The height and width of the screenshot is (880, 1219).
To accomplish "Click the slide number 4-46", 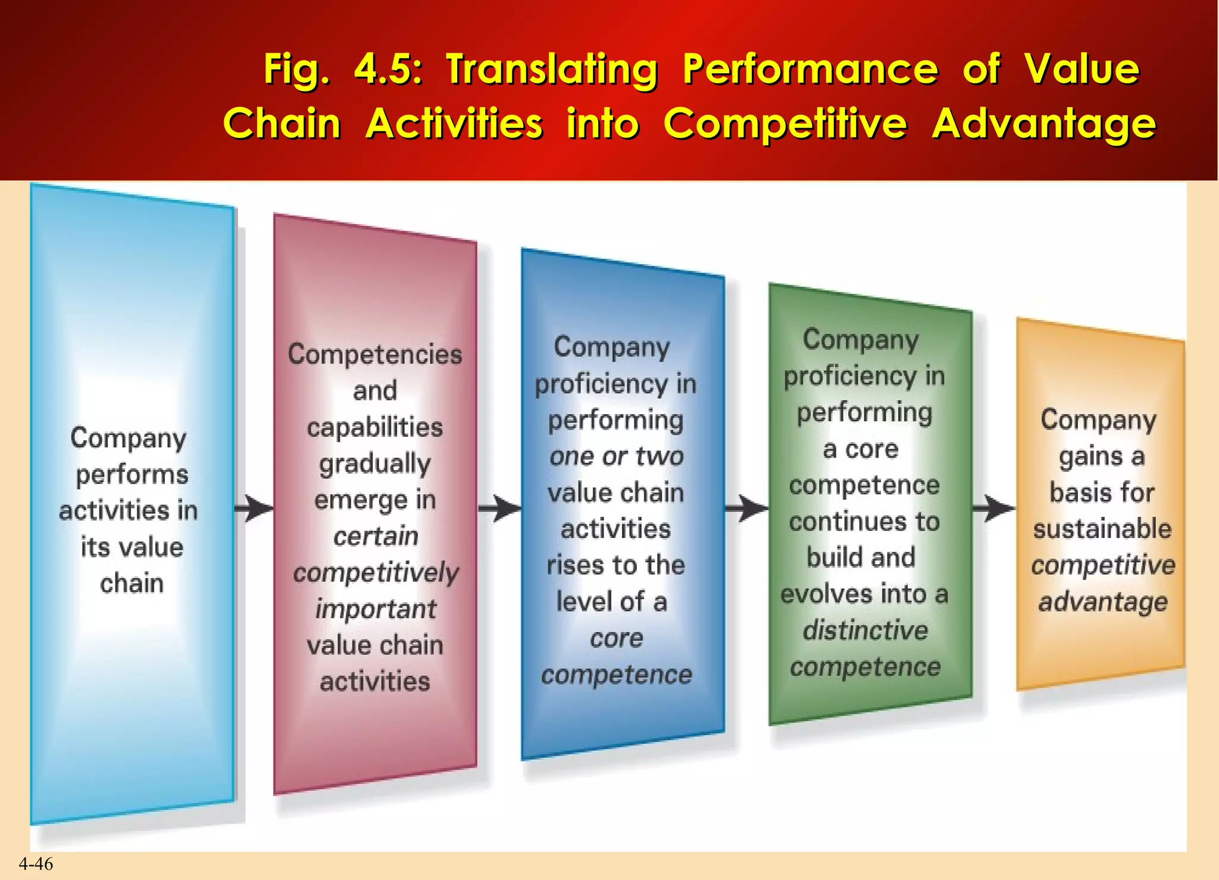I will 36,864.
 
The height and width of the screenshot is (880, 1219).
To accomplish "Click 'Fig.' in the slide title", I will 296,70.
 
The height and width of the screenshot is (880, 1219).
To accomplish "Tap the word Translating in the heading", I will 552,70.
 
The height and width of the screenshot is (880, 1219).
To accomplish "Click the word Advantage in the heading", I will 1043,124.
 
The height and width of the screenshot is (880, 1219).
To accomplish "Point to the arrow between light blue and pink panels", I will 254,508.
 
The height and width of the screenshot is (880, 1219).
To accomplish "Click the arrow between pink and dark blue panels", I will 499,508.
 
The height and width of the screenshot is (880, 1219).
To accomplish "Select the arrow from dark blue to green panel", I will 746,508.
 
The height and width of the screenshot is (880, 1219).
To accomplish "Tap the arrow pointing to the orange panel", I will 993,508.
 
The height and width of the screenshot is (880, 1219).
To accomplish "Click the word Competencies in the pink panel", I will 375,355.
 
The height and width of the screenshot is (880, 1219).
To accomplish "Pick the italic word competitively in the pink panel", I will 376,573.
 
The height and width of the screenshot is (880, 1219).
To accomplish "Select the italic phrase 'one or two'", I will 616,456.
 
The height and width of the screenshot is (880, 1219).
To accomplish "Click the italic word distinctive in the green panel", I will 865,630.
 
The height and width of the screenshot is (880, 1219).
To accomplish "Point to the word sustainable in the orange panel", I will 1102,529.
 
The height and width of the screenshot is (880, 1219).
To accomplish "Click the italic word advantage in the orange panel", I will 1103,602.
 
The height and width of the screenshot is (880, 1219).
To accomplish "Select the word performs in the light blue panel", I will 132,475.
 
